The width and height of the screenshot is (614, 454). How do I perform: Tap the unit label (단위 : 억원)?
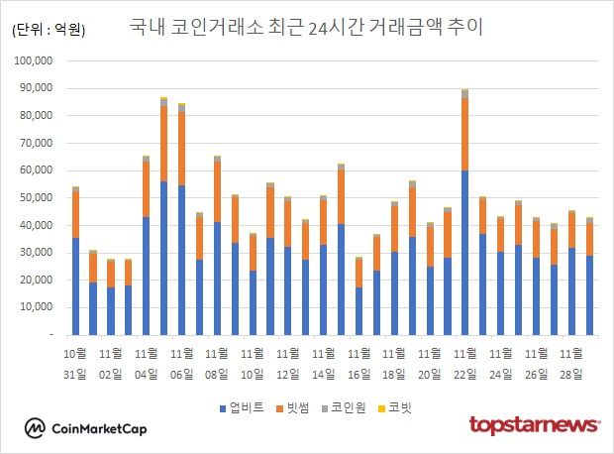click(x=49, y=30)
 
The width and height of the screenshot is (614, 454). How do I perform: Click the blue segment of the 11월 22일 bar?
click(x=463, y=253)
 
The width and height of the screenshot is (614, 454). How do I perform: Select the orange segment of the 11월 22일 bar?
click(x=463, y=135)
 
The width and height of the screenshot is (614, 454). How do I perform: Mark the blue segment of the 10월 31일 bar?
click(x=75, y=286)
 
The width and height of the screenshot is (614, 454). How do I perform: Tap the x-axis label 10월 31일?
click(x=75, y=362)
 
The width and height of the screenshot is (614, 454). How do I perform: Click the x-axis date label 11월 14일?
click(x=322, y=362)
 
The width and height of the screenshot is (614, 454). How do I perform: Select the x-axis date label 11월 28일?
click(x=570, y=362)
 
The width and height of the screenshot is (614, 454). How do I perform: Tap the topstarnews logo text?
click(x=534, y=425)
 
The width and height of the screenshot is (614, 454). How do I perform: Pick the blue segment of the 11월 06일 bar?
click(x=181, y=260)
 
